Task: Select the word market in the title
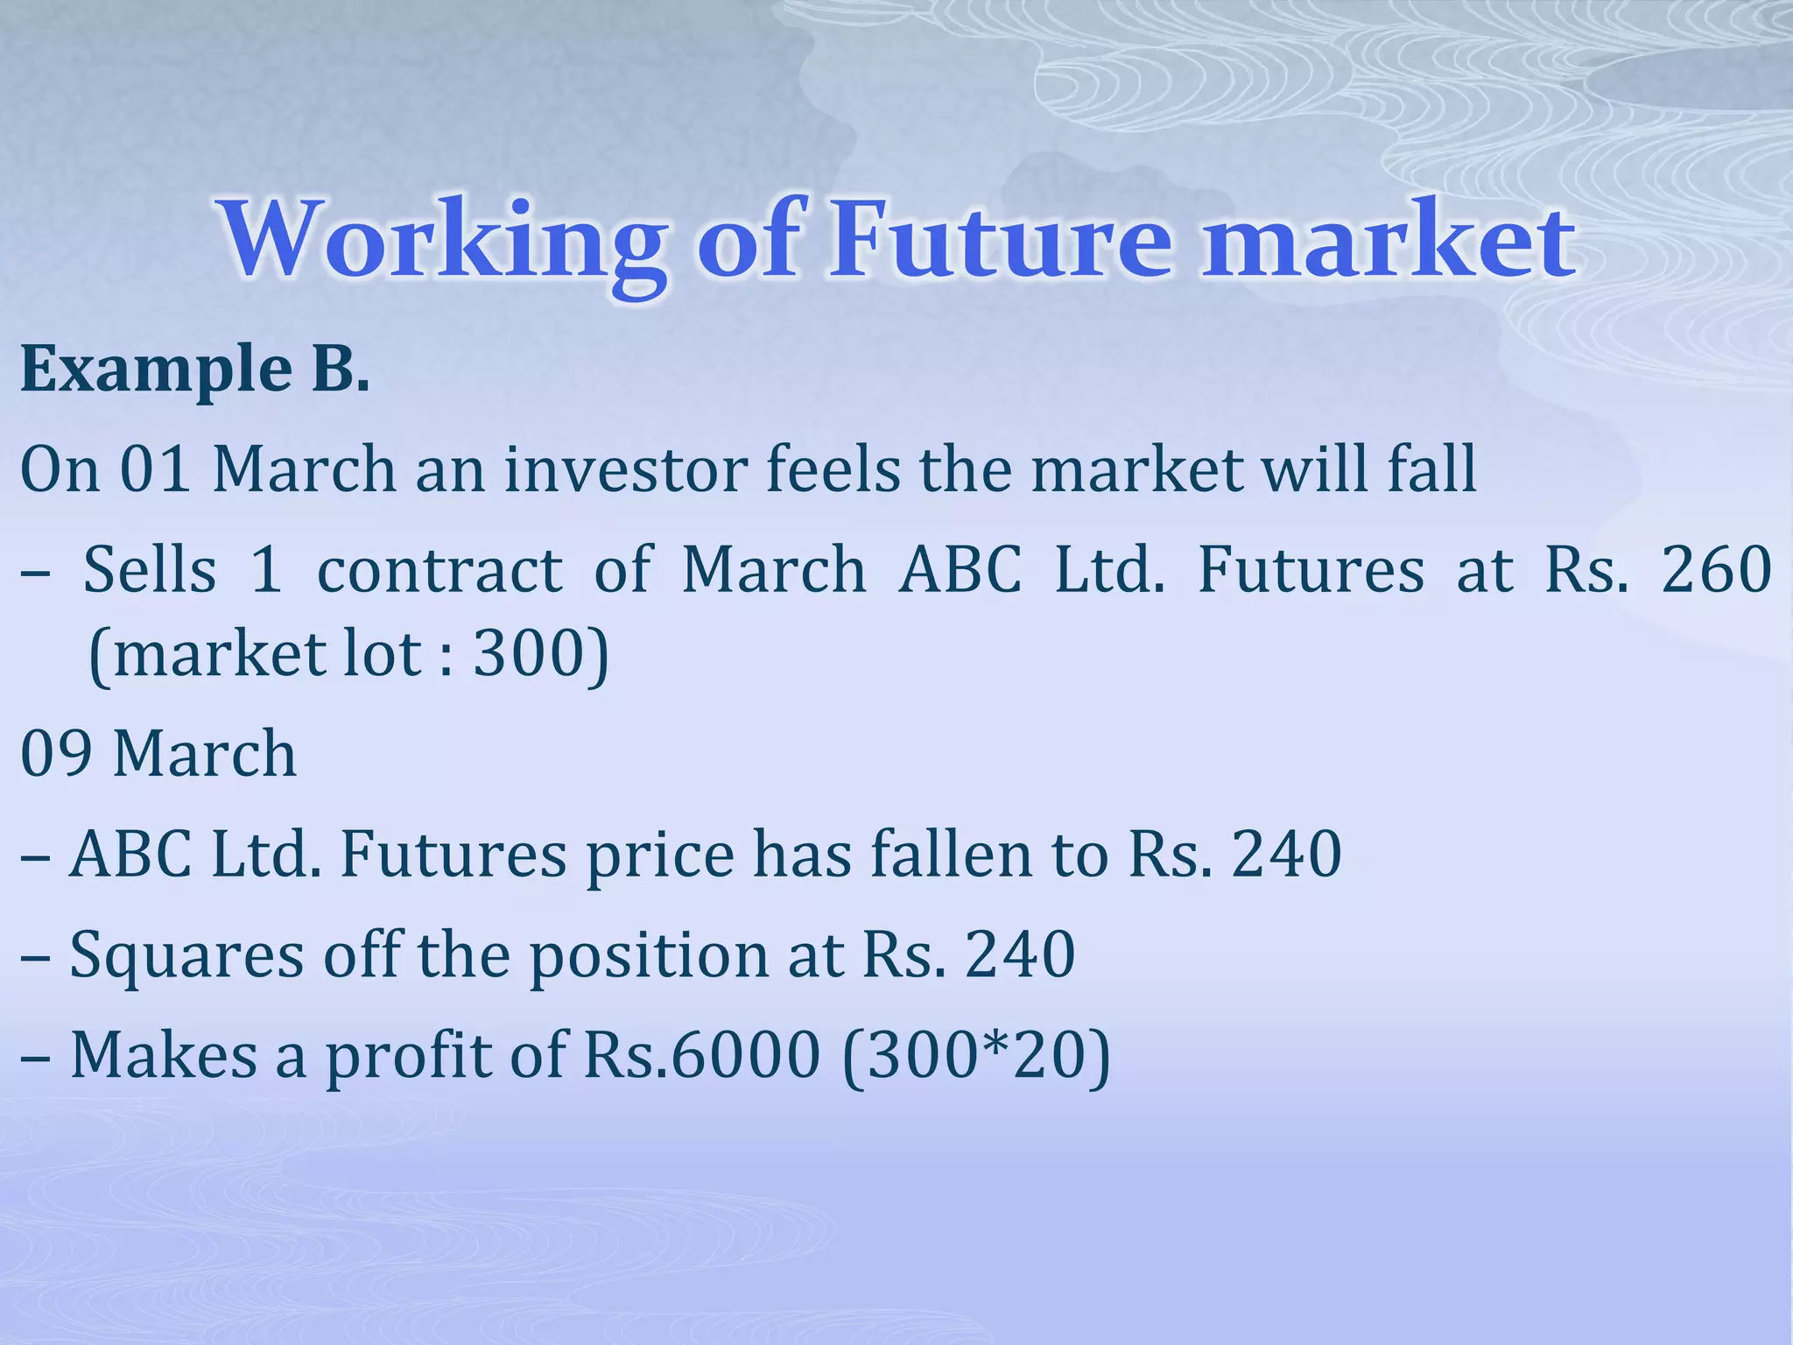[1388, 241]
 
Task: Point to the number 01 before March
[155, 469]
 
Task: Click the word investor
[625, 469]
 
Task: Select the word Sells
[150, 570]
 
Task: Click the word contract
[439, 570]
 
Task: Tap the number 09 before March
[57, 754]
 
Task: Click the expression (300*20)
[975, 1056]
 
